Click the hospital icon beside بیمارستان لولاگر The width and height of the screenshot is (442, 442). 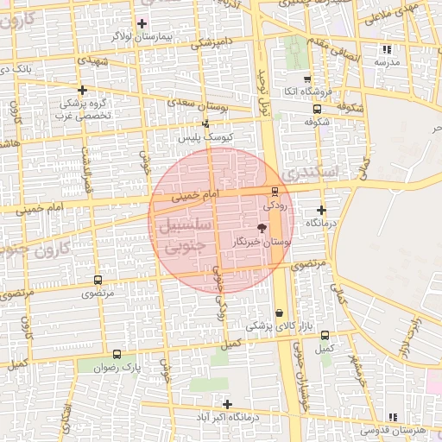(142, 23)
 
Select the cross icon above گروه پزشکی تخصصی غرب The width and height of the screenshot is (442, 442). (82, 90)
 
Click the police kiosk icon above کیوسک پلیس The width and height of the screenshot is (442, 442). (205, 124)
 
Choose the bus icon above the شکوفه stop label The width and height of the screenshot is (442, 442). (317, 109)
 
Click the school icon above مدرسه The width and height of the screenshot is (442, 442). (387, 49)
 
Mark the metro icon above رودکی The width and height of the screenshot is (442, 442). (275, 191)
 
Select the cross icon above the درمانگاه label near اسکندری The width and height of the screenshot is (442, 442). (321, 210)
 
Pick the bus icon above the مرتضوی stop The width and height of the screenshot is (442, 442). (97, 281)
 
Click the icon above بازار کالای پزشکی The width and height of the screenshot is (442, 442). (278, 313)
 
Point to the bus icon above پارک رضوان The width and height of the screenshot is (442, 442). (118, 354)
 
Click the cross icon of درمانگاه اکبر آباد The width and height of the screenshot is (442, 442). (227, 404)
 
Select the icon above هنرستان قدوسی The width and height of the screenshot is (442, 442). (394, 416)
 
